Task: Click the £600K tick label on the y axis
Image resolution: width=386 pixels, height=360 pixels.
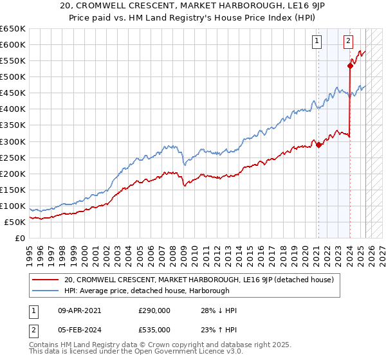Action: (13, 44)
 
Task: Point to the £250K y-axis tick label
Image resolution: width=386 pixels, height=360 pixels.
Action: (13, 157)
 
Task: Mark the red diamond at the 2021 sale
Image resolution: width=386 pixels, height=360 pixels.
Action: (318, 145)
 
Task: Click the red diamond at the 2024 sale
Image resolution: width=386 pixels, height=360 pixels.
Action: (350, 66)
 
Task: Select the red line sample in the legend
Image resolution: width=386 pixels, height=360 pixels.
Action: (46, 280)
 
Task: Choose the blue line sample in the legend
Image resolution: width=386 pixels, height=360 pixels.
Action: (46, 291)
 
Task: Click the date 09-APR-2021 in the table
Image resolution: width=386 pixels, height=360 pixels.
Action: (78, 310)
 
